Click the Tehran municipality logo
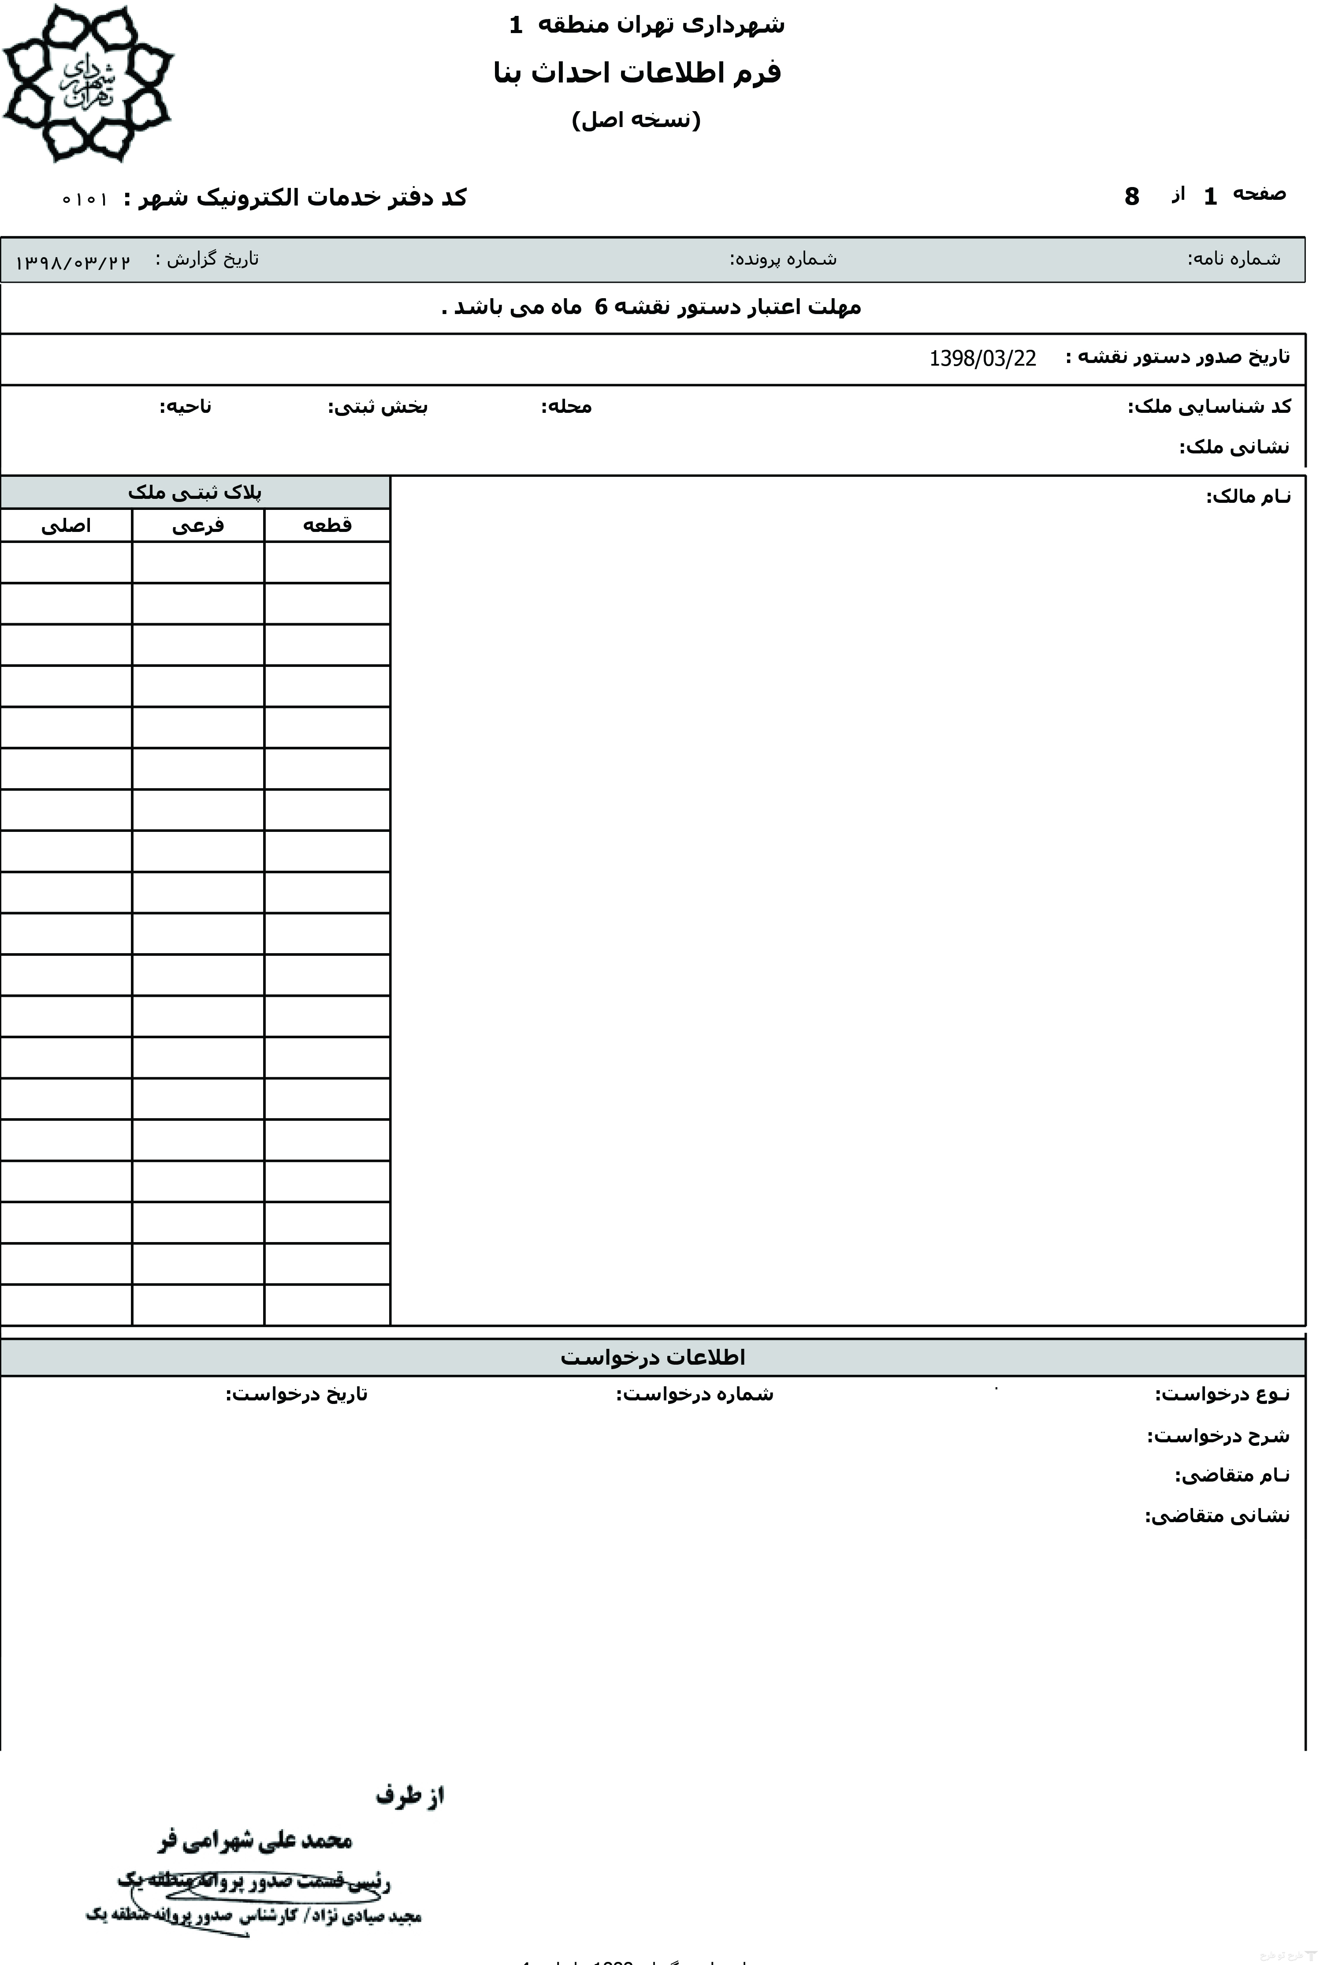[x=88, y=82]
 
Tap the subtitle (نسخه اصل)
[x=636, y=120]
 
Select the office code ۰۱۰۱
[x=85, y=200]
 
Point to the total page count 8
[x=1131, y=196]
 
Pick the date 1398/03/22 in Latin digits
[x=982, y=358]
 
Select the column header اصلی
[x=66, y=526]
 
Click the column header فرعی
[x=198, y=526]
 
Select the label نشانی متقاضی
[x=1216, y=1516]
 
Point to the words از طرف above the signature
[x=410, y=1795]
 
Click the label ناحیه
[x=186, y=407]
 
